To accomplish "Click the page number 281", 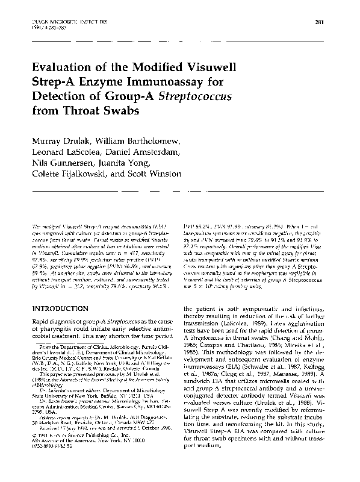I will click(x=320, y=23).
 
